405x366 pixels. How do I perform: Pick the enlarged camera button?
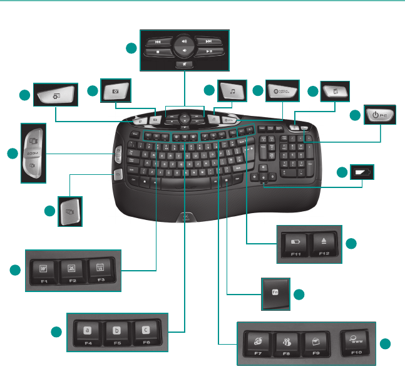116,91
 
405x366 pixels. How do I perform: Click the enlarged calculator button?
334,91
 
